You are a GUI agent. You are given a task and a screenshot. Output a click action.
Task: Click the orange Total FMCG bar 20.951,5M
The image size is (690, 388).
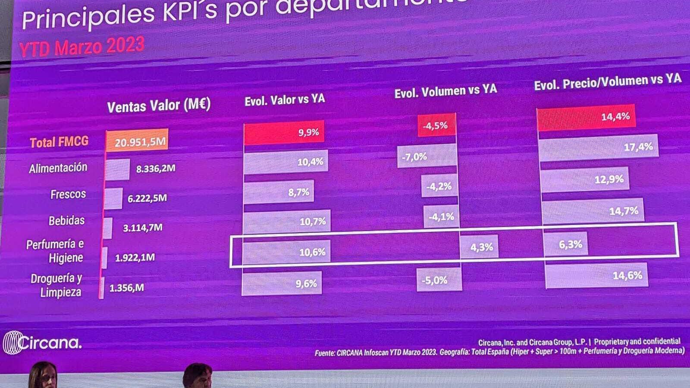(137, 141)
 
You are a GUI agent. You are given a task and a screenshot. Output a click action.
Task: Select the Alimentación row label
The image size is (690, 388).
(58, 168)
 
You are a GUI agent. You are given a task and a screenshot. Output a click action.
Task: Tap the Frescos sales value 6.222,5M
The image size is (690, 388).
(147, 198)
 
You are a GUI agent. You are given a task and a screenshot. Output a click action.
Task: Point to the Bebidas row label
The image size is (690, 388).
(66, 221)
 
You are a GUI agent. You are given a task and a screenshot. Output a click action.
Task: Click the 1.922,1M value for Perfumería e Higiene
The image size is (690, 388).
(135, 258)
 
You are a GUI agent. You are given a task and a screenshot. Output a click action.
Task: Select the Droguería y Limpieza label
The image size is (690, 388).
(56, 285)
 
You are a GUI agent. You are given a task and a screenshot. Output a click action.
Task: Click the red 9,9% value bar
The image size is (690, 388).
(284, 133)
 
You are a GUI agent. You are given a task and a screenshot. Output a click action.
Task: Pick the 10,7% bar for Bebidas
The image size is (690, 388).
(287, 222)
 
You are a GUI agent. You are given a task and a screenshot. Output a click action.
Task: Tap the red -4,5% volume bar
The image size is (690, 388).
(436, 125)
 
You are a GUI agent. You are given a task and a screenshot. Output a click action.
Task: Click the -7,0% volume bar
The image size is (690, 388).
(427, 156)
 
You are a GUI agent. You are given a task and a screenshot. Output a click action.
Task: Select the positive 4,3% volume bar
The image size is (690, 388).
(479, 247)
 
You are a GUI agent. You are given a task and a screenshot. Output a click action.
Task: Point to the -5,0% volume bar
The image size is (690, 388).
(439, 280)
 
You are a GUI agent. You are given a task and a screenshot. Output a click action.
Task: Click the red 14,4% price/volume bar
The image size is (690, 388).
(586, 117)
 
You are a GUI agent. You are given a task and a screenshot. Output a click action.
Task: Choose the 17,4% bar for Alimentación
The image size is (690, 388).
(599, 148)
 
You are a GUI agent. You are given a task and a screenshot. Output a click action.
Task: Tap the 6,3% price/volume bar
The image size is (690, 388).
(565, 245)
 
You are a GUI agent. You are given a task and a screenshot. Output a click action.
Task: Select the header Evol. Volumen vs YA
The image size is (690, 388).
(445, 91)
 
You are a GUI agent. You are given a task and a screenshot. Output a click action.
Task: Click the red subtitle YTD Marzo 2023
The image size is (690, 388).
(82, 47)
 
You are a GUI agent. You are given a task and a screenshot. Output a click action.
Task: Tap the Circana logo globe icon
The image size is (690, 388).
(12, 343)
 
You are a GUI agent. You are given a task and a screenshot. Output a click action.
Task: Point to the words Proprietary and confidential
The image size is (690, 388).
(637, 341)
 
